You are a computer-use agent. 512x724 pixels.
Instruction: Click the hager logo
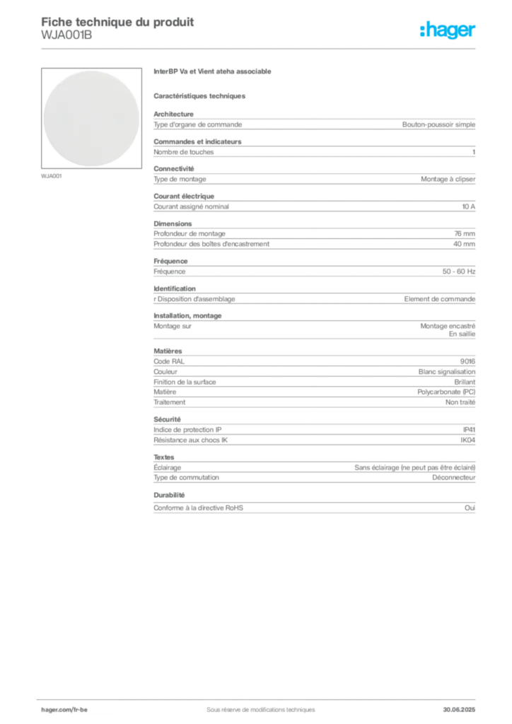(448, 30)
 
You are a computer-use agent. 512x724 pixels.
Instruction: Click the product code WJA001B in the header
(66, 35)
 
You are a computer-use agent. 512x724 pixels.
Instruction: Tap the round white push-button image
(91, 118)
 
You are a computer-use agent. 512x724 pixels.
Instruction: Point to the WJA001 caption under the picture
(51, 176)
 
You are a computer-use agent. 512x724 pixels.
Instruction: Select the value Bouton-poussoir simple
(438, 124)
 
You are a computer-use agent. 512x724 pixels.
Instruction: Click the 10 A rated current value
(469, 206)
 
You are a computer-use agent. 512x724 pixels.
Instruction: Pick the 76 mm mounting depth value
(465, 233)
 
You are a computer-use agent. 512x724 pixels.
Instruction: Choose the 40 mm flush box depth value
(464, 244)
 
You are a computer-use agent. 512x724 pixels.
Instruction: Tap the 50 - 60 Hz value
(459, 271)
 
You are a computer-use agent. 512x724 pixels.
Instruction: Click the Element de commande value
(440, 299)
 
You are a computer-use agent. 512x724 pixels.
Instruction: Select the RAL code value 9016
(467, 361)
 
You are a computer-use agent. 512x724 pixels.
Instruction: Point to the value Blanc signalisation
(447, 371)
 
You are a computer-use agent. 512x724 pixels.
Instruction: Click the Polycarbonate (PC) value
(446, 392)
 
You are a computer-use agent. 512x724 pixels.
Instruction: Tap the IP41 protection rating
(469, 429)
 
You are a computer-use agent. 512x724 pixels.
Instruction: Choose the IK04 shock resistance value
(467, 440)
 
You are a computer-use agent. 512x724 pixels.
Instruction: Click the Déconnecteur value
(454, 477)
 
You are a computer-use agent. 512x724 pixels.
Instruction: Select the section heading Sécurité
(167, 419)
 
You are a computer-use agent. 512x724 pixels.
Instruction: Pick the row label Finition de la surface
(185, 382)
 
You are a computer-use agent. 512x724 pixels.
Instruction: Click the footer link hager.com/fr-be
(64, 710)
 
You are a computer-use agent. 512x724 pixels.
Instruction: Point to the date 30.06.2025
(459, 710)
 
